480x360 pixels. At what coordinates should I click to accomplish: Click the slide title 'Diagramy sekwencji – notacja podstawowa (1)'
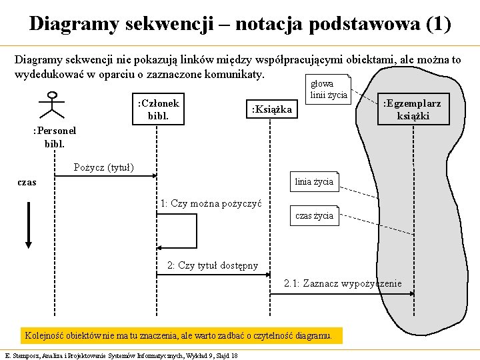[x=240, y=24]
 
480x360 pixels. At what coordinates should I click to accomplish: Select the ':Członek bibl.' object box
[x=159, y=110]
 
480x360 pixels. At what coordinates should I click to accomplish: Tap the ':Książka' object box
[x=271, y=109]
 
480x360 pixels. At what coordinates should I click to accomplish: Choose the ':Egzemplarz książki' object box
[x=413, y=109]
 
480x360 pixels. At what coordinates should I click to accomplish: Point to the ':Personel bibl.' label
[x=55, y=137]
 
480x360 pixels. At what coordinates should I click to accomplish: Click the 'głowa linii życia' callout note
[x=328, y=89]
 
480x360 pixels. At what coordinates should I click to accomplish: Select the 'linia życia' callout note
[x=313, y=181]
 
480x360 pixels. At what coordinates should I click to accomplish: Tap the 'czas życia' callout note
[x=314, y=215]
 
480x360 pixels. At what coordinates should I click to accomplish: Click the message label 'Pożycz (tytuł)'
[x=104, y=167]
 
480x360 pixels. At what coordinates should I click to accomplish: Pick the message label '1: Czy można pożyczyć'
[x=211, y=203]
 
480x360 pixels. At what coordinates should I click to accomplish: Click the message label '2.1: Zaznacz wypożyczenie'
[x=343, y=283]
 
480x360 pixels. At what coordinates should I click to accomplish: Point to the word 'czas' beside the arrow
[x=27, y=182]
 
